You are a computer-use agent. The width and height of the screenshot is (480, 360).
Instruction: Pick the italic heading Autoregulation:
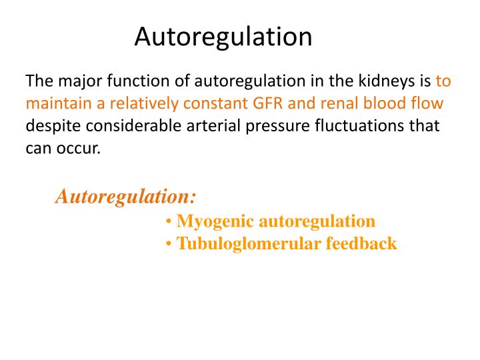tap(125, 197)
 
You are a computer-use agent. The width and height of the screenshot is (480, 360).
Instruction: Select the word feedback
tap(361, 244)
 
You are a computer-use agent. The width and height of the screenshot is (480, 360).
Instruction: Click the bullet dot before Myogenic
tap(170, 222)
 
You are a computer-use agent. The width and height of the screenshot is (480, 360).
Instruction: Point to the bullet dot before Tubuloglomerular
tap(170, 245)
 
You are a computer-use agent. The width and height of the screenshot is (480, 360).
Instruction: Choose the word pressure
tap(262, 127)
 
